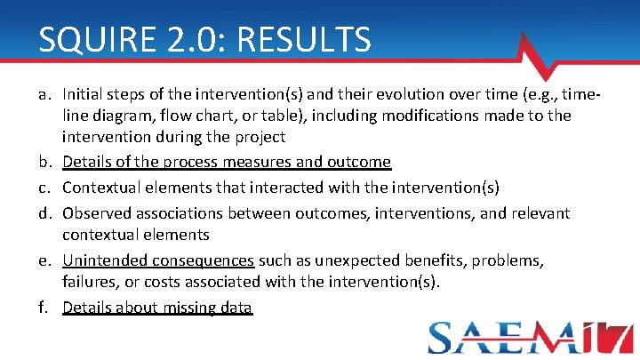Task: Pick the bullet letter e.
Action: tap(45, 261)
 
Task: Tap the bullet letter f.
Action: tap(45, 308)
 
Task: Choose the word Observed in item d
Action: tap(97, 213)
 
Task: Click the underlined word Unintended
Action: tap(101, 261)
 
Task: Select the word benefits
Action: tap(442, 261)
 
